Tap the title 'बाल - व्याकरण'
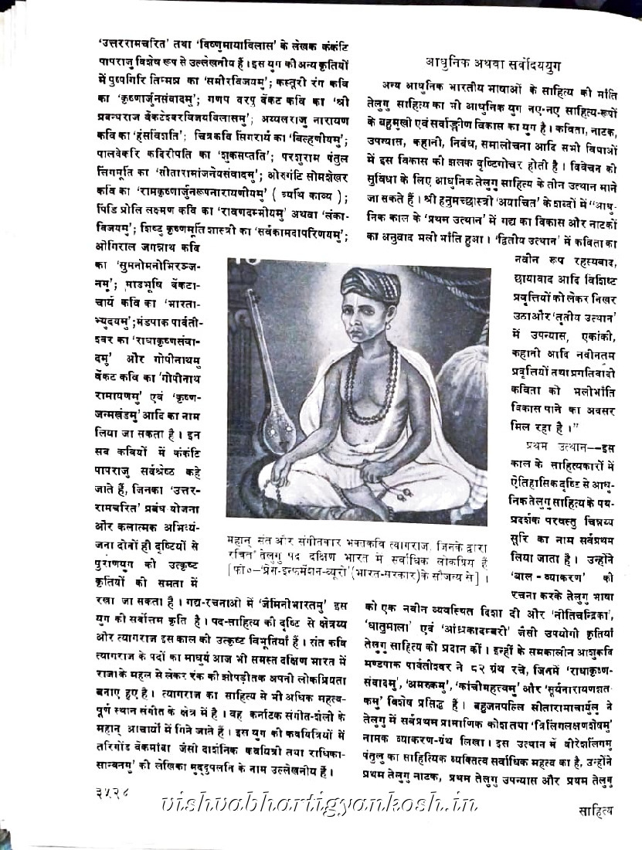tap(545, 576)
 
